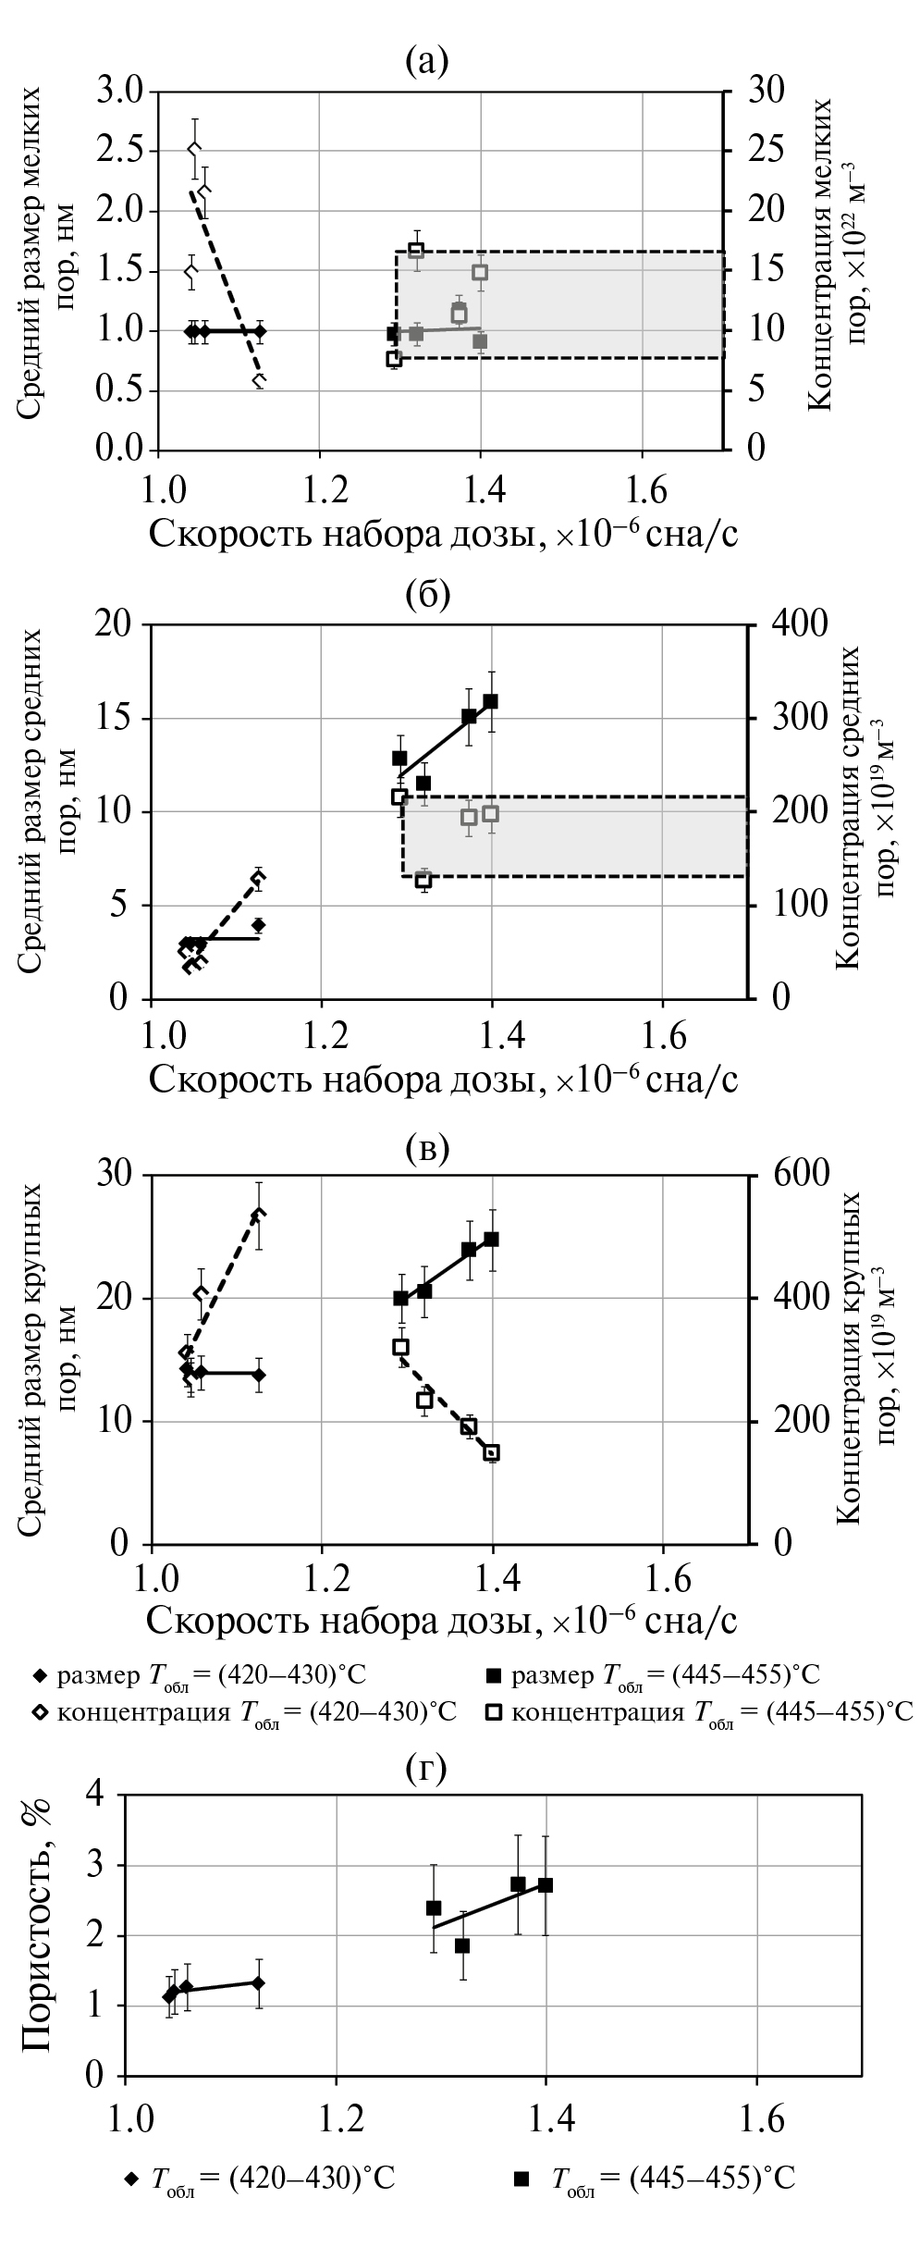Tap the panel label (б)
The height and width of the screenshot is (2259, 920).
(427, 594)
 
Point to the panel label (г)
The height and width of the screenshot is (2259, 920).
(426, 1768)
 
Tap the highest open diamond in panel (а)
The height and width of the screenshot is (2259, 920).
(194, 149)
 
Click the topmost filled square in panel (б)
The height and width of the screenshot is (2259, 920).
(490, 701)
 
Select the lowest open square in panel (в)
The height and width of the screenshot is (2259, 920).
(492, 1452)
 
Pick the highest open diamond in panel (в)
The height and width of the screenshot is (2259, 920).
(259, 1215)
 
